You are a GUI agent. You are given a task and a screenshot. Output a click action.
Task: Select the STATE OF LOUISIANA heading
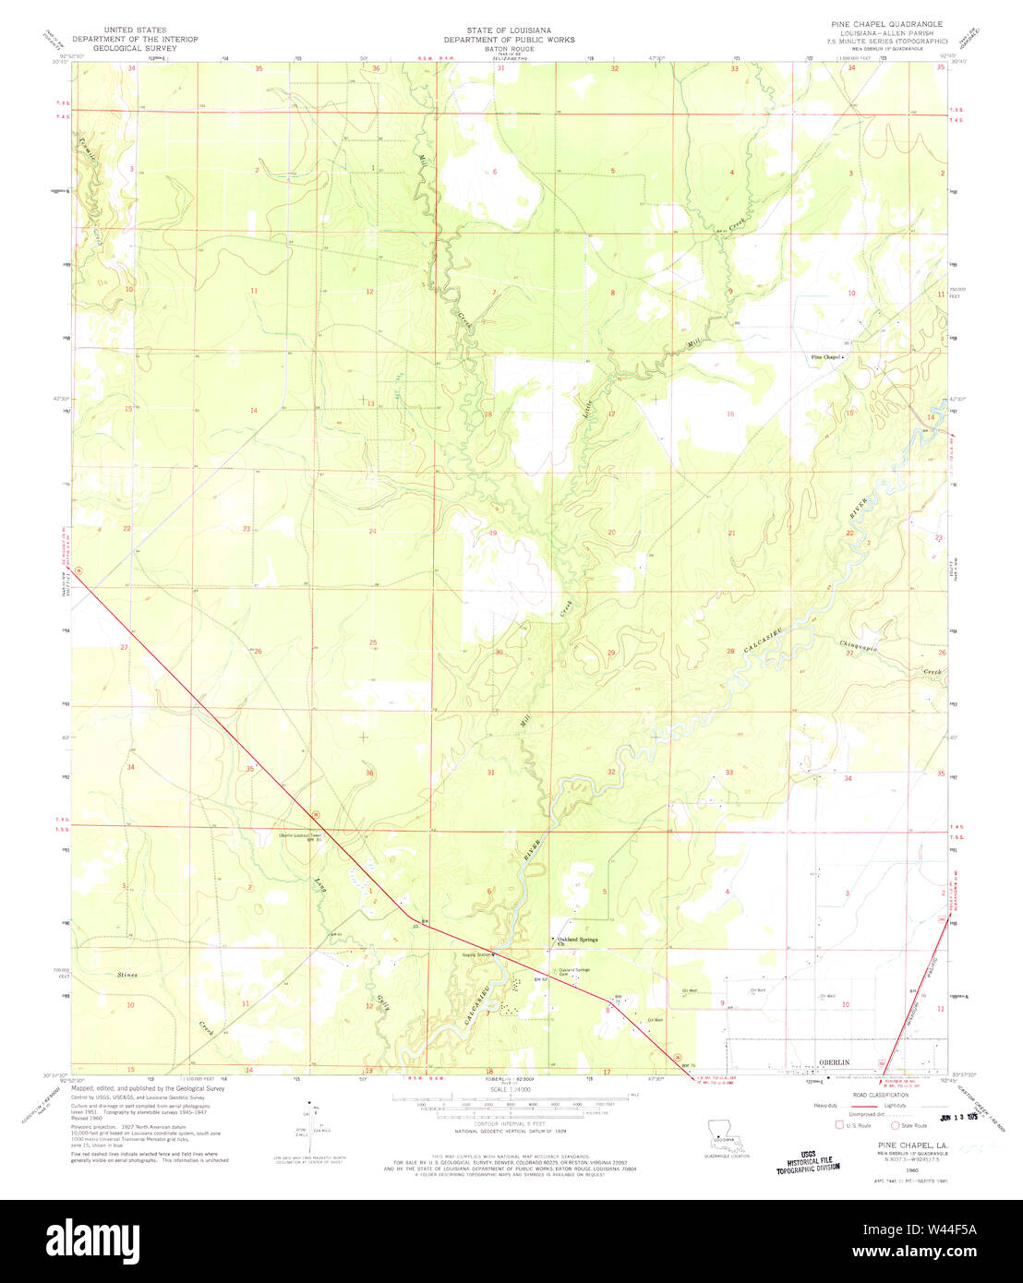tap(509, 30)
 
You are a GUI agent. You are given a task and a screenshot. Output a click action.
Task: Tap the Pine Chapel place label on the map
tap(825, 357)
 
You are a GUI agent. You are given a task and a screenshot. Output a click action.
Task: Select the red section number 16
tap(730, 414)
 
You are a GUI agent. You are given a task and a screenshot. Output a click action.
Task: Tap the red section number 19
tap(493, 533)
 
